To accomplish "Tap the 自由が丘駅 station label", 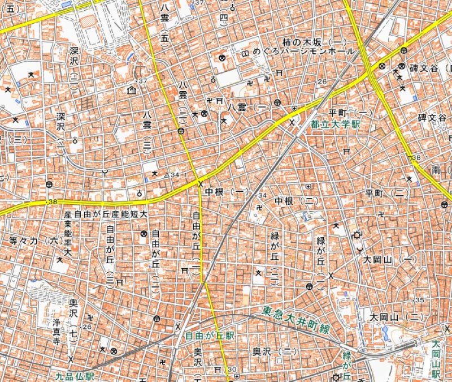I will point(210,336).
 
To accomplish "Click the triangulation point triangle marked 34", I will point(167,175).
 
